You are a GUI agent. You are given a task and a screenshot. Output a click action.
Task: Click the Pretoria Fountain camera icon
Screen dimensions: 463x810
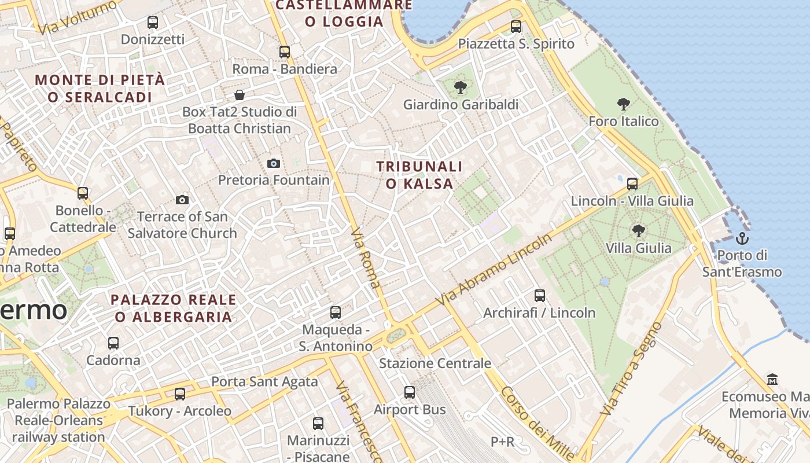tap(274, 164)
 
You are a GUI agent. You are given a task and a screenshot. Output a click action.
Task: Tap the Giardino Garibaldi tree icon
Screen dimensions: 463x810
tap(461, 87)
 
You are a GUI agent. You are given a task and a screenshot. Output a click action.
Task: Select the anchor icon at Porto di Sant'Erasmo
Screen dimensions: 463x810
tap(742, 238)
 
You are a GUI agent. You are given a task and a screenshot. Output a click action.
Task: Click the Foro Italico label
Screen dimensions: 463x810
tap(624, 122)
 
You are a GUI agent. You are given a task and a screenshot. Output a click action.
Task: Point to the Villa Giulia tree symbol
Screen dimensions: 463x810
tap(639, 231)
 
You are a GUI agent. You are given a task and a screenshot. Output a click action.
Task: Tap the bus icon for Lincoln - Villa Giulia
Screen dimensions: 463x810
tap(632, 184)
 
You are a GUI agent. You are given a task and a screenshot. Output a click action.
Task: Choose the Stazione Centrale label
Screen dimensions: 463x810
tap(435, 363)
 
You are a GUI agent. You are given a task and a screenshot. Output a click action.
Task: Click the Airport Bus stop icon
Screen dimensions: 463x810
tap(410, 392)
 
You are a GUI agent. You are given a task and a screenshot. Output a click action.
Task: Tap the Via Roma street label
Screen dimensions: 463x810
tap(366, 258)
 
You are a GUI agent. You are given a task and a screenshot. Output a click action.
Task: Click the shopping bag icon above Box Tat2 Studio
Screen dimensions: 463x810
tap(240, 95)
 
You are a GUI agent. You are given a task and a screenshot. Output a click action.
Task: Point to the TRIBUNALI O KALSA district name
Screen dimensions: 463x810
tap(419, 175)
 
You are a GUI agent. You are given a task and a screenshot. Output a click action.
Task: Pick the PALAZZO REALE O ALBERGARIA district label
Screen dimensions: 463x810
tap(174, 308)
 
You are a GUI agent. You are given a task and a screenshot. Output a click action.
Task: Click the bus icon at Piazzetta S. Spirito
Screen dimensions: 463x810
tap(516, 27)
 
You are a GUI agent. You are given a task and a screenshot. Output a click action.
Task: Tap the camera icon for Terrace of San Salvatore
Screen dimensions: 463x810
tap(182, 200)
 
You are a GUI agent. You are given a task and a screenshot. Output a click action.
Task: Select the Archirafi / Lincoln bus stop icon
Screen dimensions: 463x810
tap(540, 296)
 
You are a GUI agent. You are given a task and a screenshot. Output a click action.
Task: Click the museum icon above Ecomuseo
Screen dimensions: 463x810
tap(772, 380)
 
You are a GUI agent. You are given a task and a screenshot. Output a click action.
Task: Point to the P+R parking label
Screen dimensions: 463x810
tap(502, 442)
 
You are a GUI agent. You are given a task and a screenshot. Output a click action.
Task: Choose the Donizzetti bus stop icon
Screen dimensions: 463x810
tap(153, 23)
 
